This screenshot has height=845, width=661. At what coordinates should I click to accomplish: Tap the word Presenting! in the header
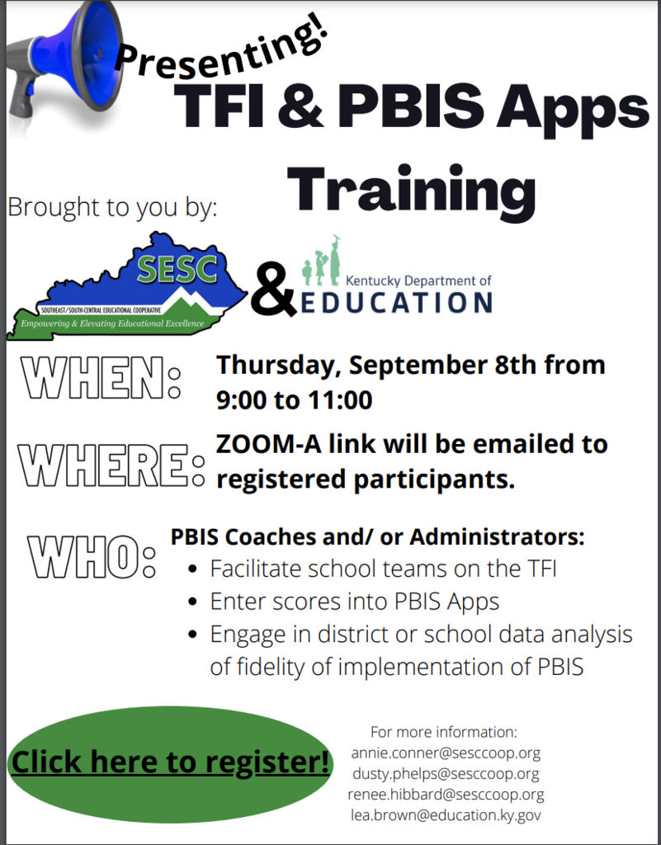tap(221, 50)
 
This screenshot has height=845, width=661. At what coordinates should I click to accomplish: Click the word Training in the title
tap(411, 191)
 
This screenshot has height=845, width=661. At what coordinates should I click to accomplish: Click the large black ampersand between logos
tap(274, 290)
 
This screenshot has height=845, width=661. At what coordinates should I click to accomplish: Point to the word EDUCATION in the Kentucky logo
tap(396, 302)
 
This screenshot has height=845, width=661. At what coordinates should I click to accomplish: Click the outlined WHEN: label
tap(101, 377)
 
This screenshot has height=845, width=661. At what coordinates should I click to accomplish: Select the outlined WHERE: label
tap(112, 465)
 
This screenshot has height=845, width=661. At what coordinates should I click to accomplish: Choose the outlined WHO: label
tap(92, 557)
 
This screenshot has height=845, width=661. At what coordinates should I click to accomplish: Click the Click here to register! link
tap(170, 762)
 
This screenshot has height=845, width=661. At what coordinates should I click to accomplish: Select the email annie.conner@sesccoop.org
tap(446, 753)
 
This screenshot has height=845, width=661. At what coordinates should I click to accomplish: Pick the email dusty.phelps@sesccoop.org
tap(446, 774)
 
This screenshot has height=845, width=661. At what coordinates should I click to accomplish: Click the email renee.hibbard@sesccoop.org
tap(446, 795)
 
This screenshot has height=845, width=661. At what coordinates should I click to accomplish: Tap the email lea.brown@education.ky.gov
tap(446, 815)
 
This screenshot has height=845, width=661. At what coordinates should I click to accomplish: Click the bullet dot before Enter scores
tap(193, 602)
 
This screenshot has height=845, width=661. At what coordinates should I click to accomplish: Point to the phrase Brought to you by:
tap(112, 207)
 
